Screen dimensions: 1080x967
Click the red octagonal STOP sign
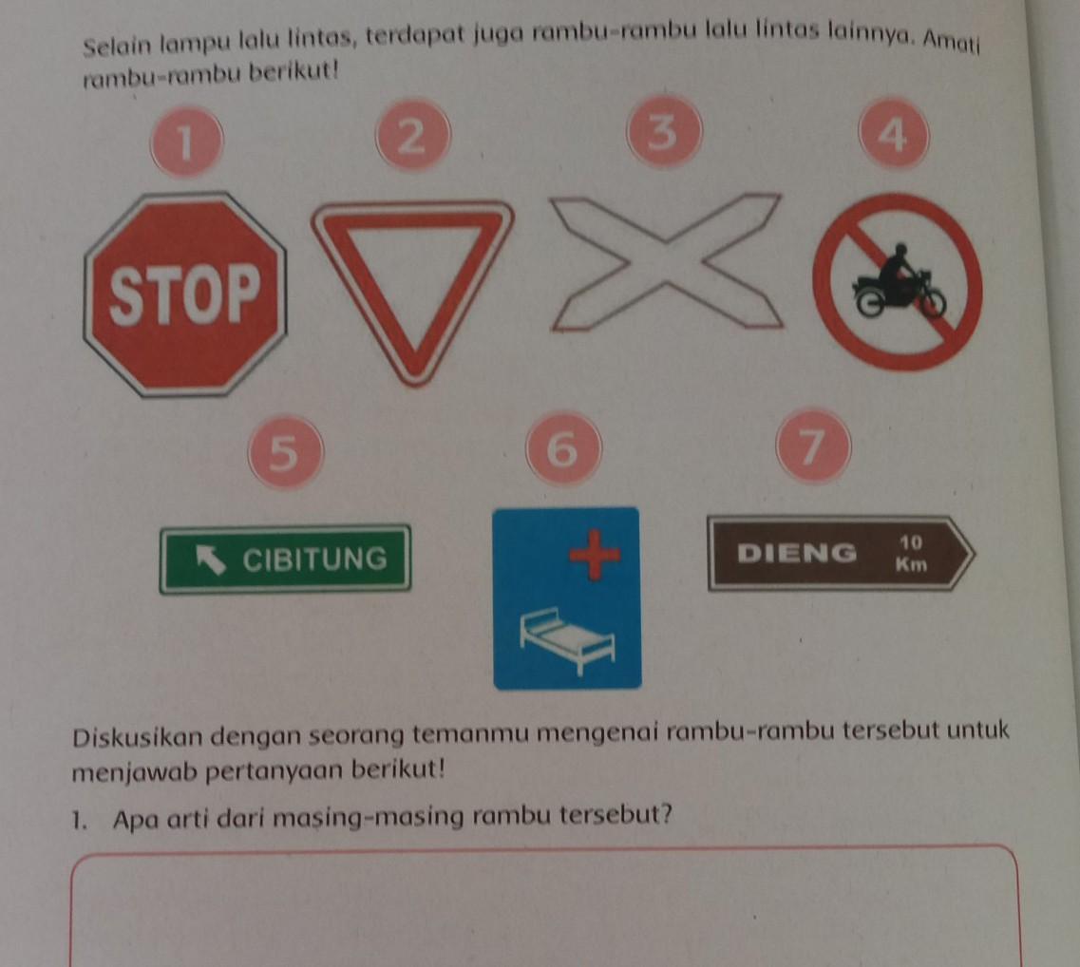(x=184, y=294)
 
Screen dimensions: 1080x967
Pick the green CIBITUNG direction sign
(x=285, y=559)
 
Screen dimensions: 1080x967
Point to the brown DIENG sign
(x=841, y=553)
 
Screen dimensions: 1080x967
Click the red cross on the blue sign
(x=595, y=555)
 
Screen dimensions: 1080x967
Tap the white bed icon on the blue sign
(x=567, y=638)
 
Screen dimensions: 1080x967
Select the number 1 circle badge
(x=187, y=142)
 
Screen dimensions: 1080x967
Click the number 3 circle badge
(x=664, y=131)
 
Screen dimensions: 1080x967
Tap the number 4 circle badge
(x=894, y=134)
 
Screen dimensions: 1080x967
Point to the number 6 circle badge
(x=563, y=449)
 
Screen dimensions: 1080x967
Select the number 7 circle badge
(x=813, y=445)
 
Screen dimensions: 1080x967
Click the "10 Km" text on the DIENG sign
(x=911, y=554)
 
